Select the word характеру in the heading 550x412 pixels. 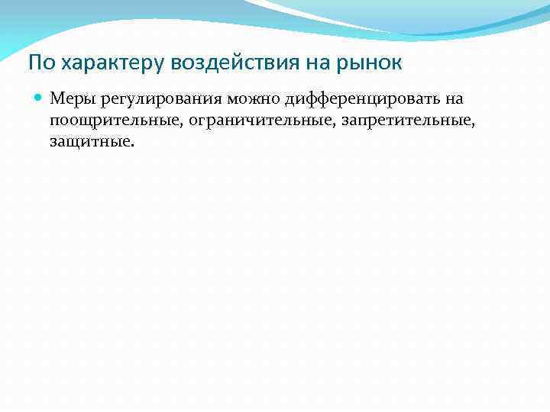[x=95, y=63]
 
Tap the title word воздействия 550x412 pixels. [x=212, y=63]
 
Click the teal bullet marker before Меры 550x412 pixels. [x=38, y=98]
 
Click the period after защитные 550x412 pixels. [x=132, y=145]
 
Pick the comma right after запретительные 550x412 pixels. [x=484, y=124]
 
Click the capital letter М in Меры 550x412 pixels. [x=57, y=98]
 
